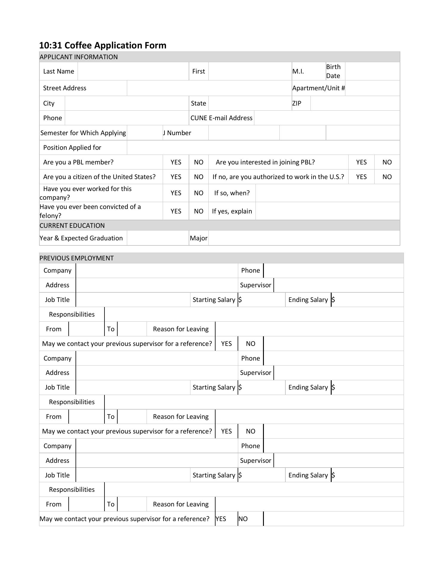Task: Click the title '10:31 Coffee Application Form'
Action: (103, 45)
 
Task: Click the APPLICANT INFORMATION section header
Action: (79, 57)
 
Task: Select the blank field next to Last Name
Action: (133, 71)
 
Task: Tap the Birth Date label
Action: (333, 71)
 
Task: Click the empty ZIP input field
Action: (355, 103)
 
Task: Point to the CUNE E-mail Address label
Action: (221, 118)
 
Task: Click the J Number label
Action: (177, 133)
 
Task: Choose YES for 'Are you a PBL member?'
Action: (176, 162)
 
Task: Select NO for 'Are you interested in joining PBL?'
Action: (387, 162)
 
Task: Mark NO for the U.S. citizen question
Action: (199, 177)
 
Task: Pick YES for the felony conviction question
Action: (176, 211)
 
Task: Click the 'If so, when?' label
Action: (232, 193)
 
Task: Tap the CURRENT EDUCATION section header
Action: (72, 225)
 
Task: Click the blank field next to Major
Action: (304, 238)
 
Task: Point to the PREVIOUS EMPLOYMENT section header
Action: (77, 258)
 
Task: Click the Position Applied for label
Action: (72, 147)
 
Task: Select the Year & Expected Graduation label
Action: (81, 238)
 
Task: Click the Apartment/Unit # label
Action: (319, 88)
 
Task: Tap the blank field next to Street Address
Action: (209, 88)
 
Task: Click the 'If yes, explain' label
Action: (232, 211)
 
